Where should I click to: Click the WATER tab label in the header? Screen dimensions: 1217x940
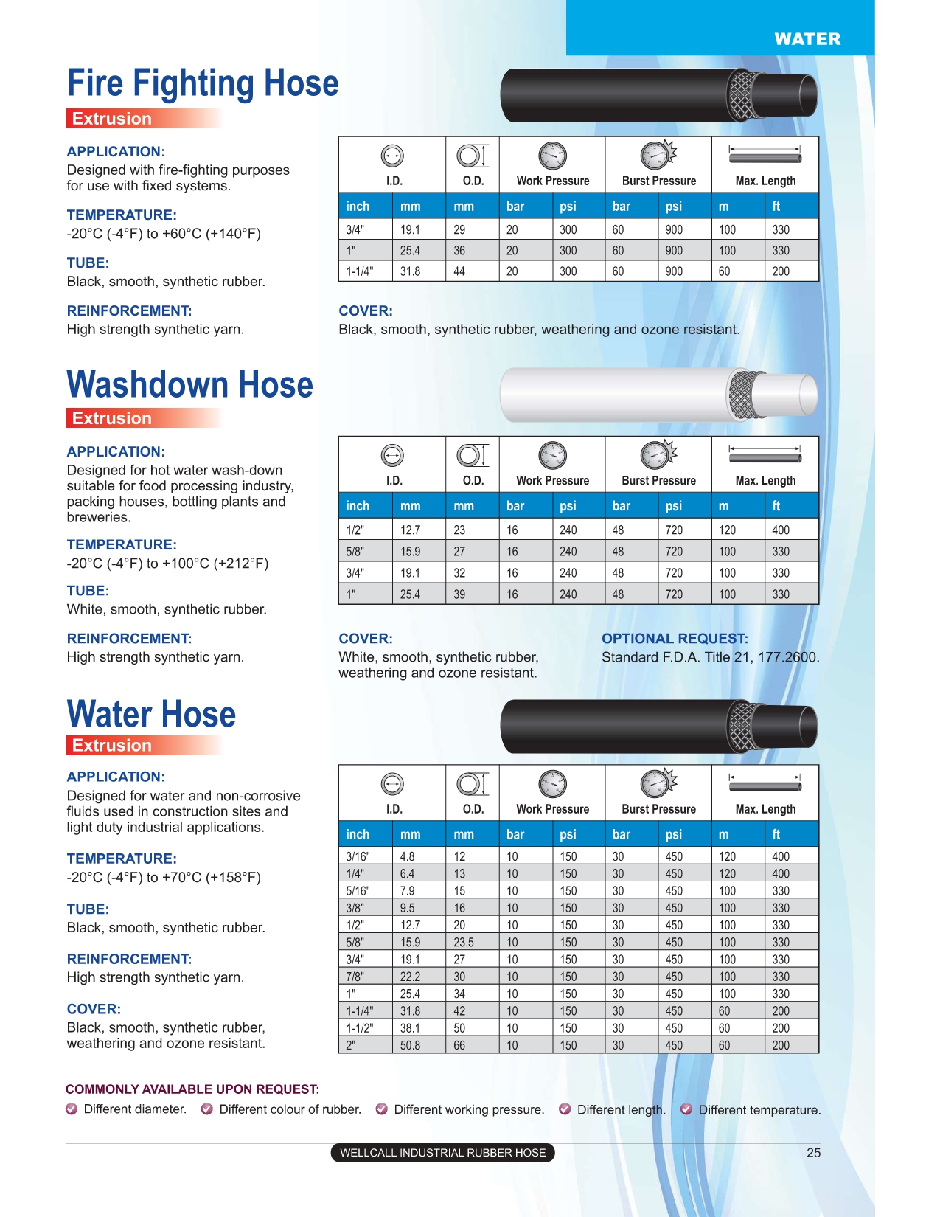pyautogui.click(x=807, y=39)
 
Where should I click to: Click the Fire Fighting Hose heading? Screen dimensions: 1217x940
pyautogui.click(x=203, y=83)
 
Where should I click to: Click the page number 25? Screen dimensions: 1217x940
pyautogui.click(x=813, y=1153)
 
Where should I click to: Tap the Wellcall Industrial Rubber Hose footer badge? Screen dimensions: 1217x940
pyautogui.click(x=442, y=1153)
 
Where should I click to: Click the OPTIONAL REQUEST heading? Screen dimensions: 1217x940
pyautogui.click(x=675, y=639)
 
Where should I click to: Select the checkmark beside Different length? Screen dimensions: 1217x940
pyautogui.click(x=565, y=1109)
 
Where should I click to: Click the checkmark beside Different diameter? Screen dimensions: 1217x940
pyautogui.click(x=72, y=1109)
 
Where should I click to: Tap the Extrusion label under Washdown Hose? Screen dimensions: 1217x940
pyautogui.click(x=112, y=418)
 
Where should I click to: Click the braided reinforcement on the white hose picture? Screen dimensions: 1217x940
pyautogui.click(x=742, y=394)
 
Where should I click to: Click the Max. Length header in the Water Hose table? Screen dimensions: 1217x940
pyautogui.click(x=765, y=809)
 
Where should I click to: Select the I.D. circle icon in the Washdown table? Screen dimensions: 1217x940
pyautogui.click(x=392, y=456)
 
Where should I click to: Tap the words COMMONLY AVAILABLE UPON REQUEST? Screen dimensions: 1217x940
pyautogui.click(x=192, y=1089)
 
